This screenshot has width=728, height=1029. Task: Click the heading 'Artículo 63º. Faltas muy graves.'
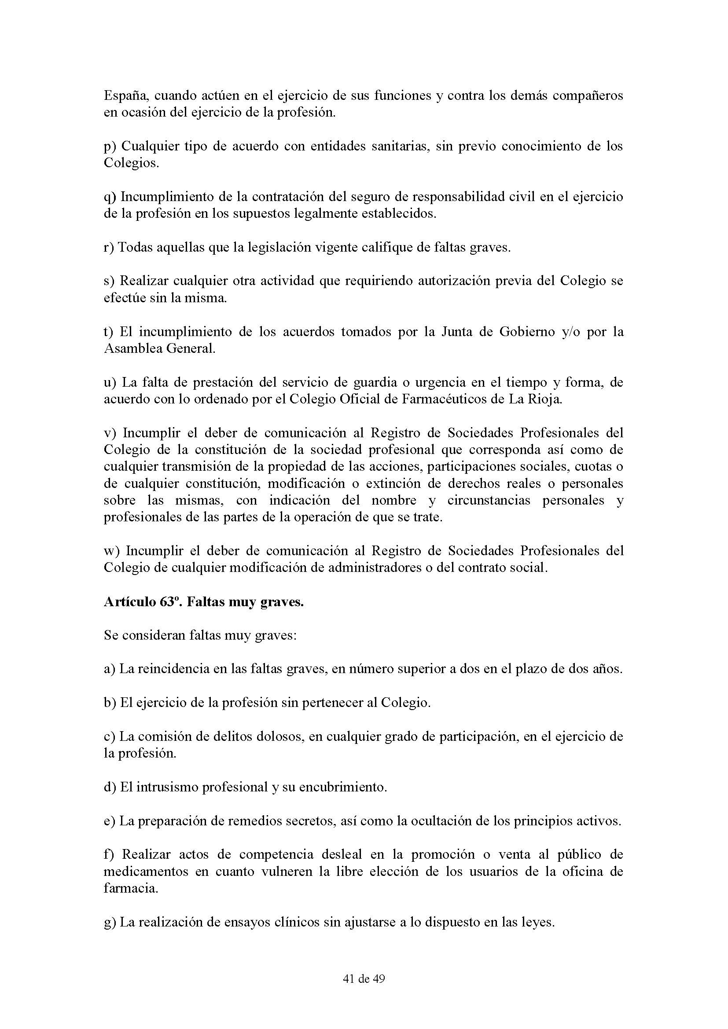[203, 602]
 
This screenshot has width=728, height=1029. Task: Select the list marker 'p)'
[110, 147]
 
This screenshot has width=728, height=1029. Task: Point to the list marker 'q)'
[110, 198]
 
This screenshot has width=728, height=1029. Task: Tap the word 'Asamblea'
[132, 349]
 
